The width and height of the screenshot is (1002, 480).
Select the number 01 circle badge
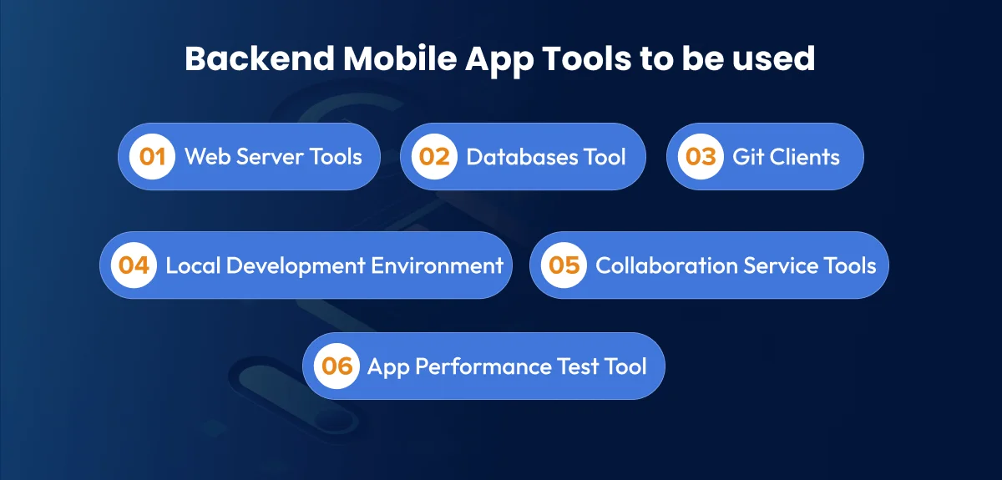[152, 157]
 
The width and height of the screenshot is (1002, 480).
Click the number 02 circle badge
[434, 157]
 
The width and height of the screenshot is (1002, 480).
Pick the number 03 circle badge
[701, 157]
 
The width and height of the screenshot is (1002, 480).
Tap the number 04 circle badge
[134, 265]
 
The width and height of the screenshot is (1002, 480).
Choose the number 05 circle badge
[564, 265]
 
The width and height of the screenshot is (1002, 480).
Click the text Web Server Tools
[273, 157]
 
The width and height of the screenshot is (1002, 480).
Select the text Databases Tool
[545, 157]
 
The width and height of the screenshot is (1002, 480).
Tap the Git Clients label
[786, 157]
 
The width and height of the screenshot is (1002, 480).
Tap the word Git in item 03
[746, 157]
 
